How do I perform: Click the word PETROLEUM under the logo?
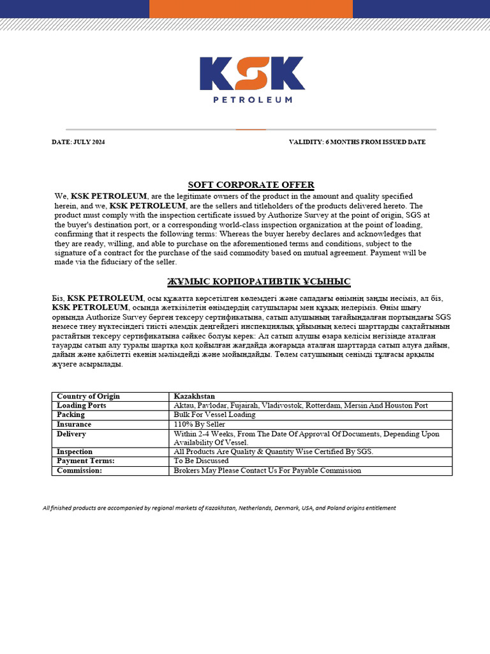point(252,100)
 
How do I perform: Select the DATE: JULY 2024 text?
point(78,142)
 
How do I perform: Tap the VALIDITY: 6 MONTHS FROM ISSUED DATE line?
point(357,142)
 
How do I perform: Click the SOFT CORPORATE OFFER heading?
point(242,185)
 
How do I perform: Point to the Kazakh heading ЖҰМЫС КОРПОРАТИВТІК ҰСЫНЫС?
point(258,282)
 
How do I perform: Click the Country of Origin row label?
point(88,397)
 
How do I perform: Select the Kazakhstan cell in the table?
point(195,397)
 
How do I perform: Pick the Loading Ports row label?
point(81,406)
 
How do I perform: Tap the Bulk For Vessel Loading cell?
point(214,414)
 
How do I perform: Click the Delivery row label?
point(71,434)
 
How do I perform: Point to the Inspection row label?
point(75,452)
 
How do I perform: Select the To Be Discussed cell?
point(201,460)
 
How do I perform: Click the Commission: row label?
point(79,470)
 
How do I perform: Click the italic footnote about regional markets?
point(219,508)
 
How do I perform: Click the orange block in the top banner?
point(250,9)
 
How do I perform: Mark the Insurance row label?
point(74,424)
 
